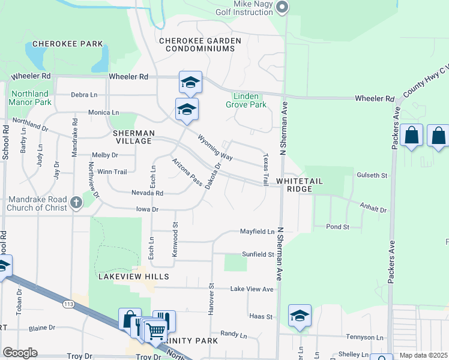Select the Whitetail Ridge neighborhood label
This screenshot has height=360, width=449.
coord(294,185)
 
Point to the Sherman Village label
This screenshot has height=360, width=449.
coord(134,137)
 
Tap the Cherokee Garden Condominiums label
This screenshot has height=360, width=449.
coord(200,44)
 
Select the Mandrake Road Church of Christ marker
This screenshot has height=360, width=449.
coord(76,203)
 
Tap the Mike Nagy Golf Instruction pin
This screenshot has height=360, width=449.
coord(283,7)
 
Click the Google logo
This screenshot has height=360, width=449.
coord(20,353)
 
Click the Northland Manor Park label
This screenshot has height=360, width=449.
coord(29,98)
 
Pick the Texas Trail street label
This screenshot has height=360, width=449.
coord(265,168)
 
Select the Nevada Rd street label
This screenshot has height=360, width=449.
coord(148,193)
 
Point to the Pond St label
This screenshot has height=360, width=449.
coord(338,227)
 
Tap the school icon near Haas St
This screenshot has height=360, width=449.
coord(300,316)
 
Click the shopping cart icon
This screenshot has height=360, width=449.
coord(155,330)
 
